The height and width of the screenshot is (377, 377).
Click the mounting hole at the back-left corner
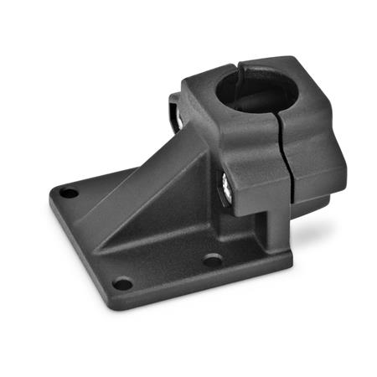[x=69, y=193]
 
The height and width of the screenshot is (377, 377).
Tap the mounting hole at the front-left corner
[x=122, y=284]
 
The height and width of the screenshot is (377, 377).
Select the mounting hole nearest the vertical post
[x=213, y=261]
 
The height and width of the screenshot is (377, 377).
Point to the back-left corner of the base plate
[x=55, y=189]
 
